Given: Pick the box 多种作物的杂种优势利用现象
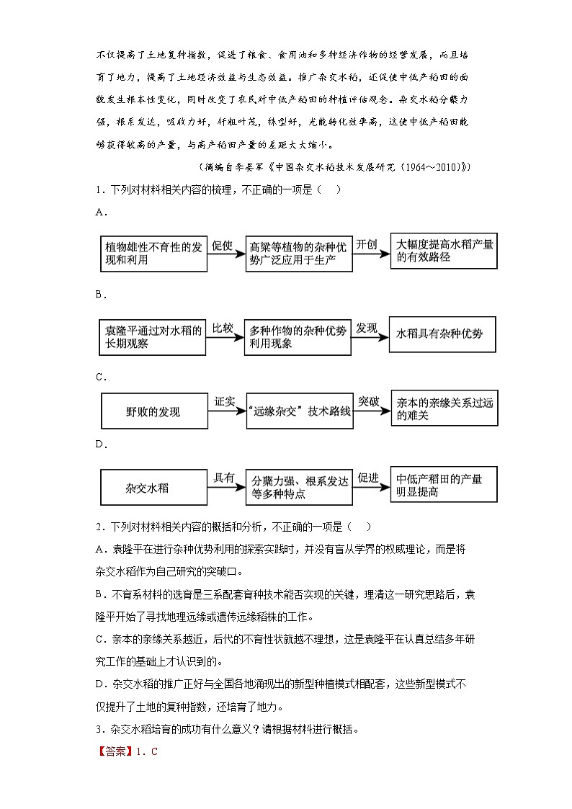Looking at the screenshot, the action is [298, 336].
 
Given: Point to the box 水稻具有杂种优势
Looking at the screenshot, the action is [442, 334].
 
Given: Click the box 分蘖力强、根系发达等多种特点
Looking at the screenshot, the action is [298, 488].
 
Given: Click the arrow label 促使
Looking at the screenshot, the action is [222, 246].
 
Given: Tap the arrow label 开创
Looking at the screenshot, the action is [367, 244].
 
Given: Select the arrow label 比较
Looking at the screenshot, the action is [222, 328].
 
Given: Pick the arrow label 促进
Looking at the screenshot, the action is [368, 478].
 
